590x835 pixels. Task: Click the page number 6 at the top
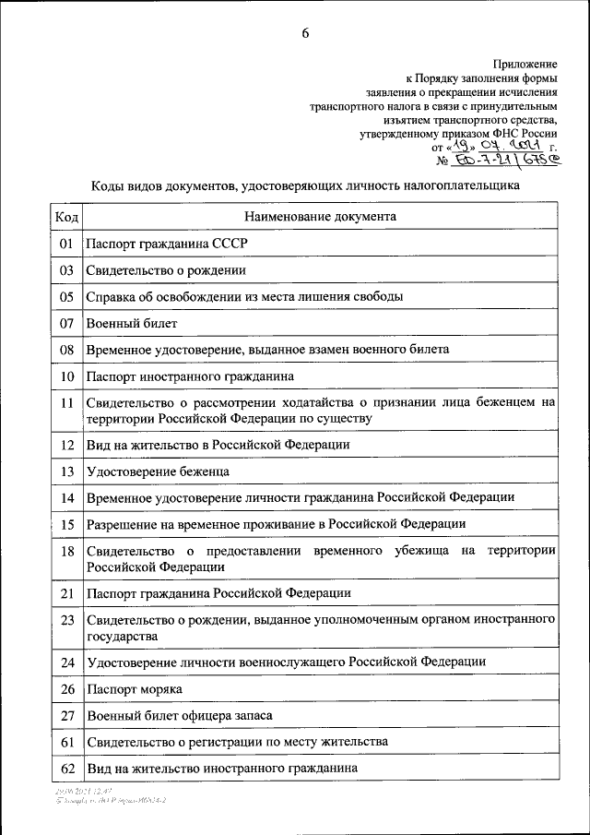coord(305,34)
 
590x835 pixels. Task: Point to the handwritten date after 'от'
coord(493,145)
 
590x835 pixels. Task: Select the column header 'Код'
coord(66,217)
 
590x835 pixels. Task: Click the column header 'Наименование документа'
coord(320,217)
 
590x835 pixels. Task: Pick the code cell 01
coord(66,245)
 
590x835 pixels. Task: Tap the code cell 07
coord(66,324)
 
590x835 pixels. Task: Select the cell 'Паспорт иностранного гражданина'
coord(190,377)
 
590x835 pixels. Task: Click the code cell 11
coord(66,403)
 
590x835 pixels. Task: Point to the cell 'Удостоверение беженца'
coord(158,471)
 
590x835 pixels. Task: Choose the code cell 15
coord(66,524)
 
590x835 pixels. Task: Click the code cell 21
coord(66,593)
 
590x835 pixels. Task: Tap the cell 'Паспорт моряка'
coord(134,689)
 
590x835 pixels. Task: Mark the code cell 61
coord(66,742)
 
